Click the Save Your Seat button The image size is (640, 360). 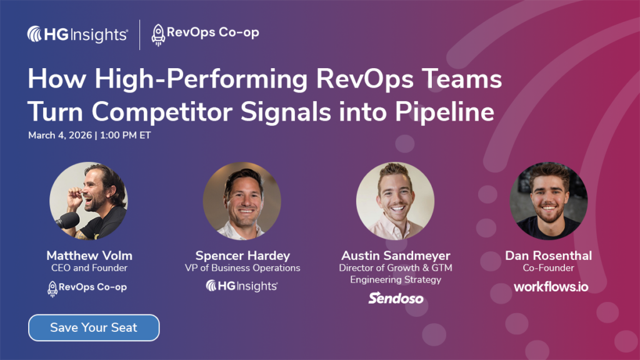coord(94,327)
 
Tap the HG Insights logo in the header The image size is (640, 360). coord(77,34)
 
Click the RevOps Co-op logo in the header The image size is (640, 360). coord(205,34)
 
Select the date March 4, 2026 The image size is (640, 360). coord(60,136)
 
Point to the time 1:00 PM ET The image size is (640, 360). coord(125,136)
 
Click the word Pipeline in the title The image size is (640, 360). coord(444,112)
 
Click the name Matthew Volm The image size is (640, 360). coord(89,256)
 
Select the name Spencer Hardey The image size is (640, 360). coord(242,256)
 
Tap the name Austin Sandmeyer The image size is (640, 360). coord(396,256)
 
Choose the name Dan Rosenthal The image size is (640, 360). coord(548,256)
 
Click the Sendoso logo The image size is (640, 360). coord(396,298)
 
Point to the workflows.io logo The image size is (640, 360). coord(551,287)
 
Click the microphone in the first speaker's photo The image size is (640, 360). coord(67,221)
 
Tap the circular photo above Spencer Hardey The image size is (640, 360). coord(242,201)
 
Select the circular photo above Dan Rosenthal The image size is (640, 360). coord(549,201)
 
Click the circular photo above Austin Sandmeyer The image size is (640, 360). coord(395,201)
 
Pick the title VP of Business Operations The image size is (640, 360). coord(242,268)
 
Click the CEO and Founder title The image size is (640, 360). coord(89,268)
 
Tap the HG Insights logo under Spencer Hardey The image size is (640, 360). coord(242,286)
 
